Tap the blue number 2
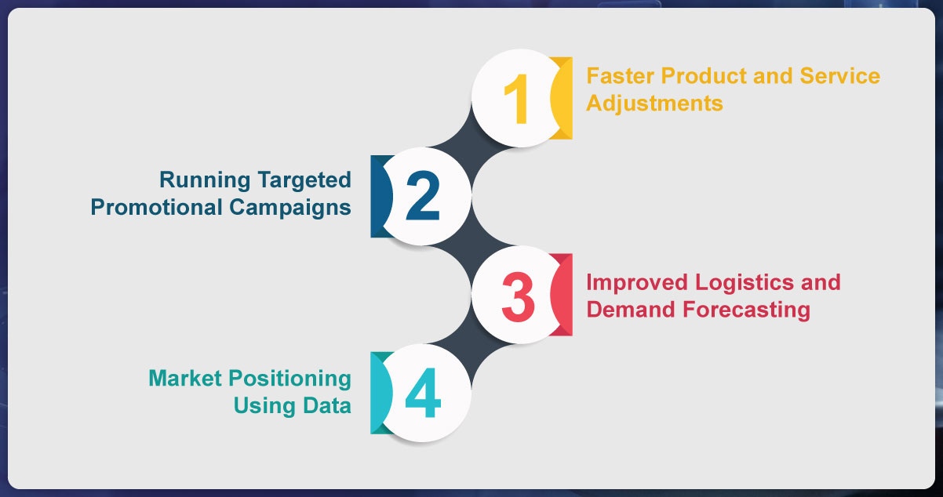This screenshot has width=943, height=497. tap(423, 196)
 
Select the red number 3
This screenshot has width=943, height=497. tap(517, 296)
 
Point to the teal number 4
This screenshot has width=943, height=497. tap(423, 394)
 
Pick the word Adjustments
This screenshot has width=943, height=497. tap(654, 103)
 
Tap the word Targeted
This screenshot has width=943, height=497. tap(304, 180)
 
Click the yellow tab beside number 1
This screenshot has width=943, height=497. tap(563, 99)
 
